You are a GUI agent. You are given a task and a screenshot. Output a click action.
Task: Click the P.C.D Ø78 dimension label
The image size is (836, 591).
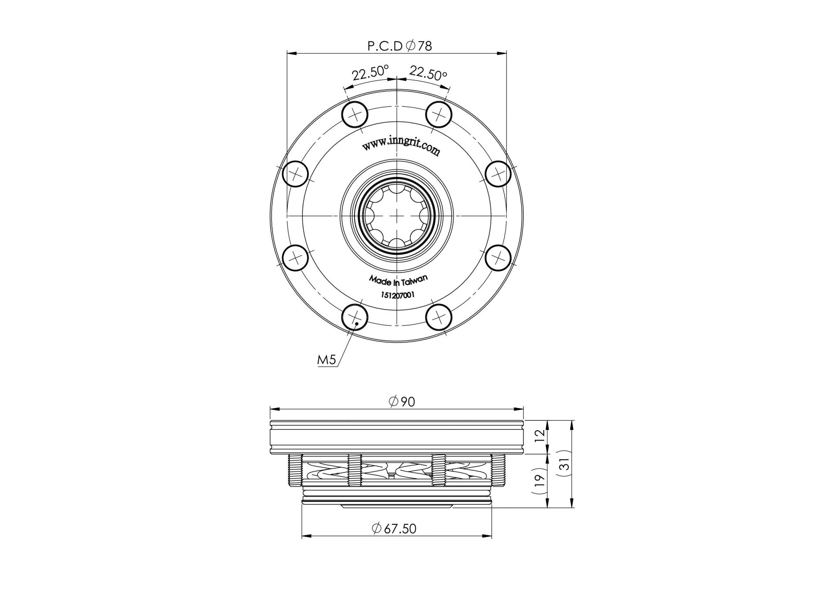point(400,46)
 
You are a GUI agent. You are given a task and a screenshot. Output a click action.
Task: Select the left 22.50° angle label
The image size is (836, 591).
point(371,73)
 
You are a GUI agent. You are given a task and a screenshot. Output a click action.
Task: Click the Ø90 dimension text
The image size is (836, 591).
point(402,401)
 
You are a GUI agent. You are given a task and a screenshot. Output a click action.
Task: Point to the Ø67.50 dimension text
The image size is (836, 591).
point(394,528)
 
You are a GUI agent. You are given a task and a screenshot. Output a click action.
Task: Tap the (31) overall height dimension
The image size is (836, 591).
point(564,466)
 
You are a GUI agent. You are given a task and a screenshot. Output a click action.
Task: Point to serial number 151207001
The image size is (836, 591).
point(398,295)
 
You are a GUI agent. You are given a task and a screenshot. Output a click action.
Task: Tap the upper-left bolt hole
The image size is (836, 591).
point(355,115)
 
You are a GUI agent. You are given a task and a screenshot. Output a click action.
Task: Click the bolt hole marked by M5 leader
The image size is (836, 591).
point(355,317)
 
